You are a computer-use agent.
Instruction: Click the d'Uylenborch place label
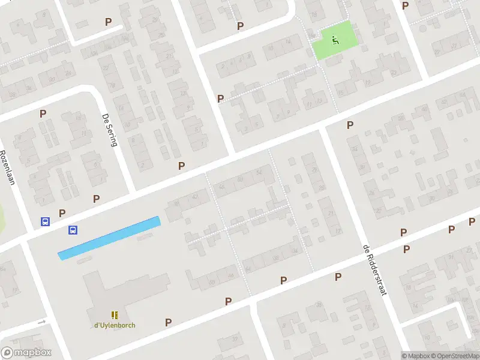tap(114, 325)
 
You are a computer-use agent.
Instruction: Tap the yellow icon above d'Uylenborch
tap(114, 315)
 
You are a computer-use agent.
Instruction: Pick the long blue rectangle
tap(109, 238)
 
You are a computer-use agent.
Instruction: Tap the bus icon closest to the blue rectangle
tap(73, 229)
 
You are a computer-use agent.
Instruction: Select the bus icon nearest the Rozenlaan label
tap(45, 221)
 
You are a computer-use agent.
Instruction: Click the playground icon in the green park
tap(335, 40)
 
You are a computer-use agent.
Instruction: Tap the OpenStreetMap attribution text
tap(455, 356)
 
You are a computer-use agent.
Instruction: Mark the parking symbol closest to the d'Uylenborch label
tap(168, 322)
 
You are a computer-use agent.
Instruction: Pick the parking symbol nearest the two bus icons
tap(62, 212)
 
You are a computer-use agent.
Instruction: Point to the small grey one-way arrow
tap(41, 322)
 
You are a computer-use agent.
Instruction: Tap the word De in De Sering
tap(106, 118)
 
